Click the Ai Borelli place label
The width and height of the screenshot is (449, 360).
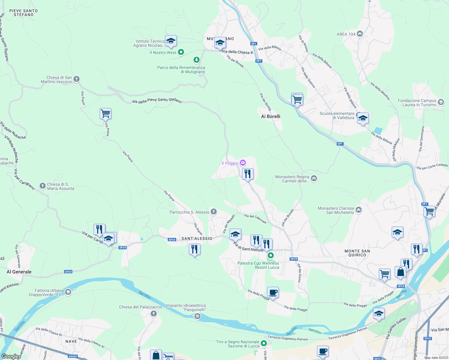point(270,116)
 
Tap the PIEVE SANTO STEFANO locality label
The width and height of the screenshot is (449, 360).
point(23,13)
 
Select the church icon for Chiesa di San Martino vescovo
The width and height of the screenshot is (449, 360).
point(77,79)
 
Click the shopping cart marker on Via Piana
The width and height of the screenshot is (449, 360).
point(105,114)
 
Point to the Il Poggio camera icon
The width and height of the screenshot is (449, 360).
point(243,163)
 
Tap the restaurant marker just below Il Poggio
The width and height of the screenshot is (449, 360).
point(248,174)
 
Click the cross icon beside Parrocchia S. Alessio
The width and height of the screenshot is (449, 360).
point(214,212)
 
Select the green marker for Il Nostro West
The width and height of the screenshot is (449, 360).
point(181,52)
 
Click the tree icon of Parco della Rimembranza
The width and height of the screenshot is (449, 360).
point(197,60)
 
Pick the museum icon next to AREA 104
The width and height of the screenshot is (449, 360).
point(360,34)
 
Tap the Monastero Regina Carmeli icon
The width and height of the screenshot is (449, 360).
point(314,178)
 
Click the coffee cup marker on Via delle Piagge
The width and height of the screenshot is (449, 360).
point(273,292)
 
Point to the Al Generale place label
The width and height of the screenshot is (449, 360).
point(19,272)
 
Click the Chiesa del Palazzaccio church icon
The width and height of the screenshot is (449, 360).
point(154,314)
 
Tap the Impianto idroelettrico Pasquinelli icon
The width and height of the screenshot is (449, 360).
point(197,316)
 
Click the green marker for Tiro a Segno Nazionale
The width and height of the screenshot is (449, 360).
point(264,343)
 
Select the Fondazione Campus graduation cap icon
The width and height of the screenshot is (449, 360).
point(441,102)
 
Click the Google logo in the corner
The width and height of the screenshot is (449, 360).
point(10,356)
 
